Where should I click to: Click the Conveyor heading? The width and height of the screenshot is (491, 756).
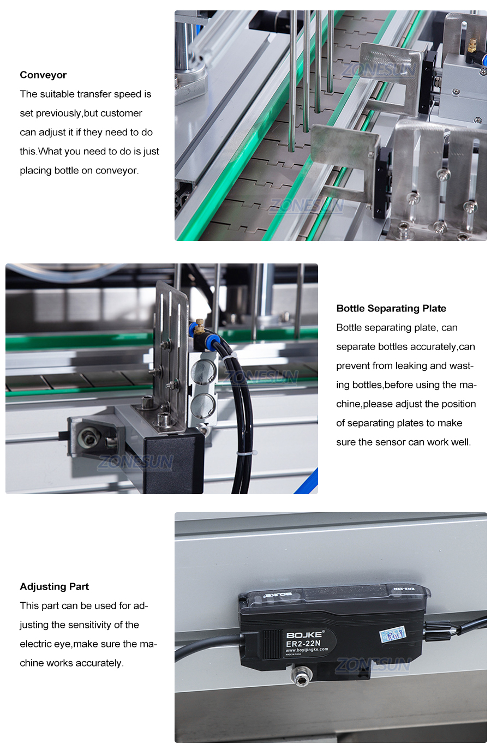click(x=43, y=75)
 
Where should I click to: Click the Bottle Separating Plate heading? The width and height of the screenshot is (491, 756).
click(x=391, y=308)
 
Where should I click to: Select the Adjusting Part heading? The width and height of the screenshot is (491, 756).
click(x=54, y=586)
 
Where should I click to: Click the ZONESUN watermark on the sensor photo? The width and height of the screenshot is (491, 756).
click(x=373, y=665)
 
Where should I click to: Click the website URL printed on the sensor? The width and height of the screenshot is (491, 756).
click(x=307, y=650)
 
